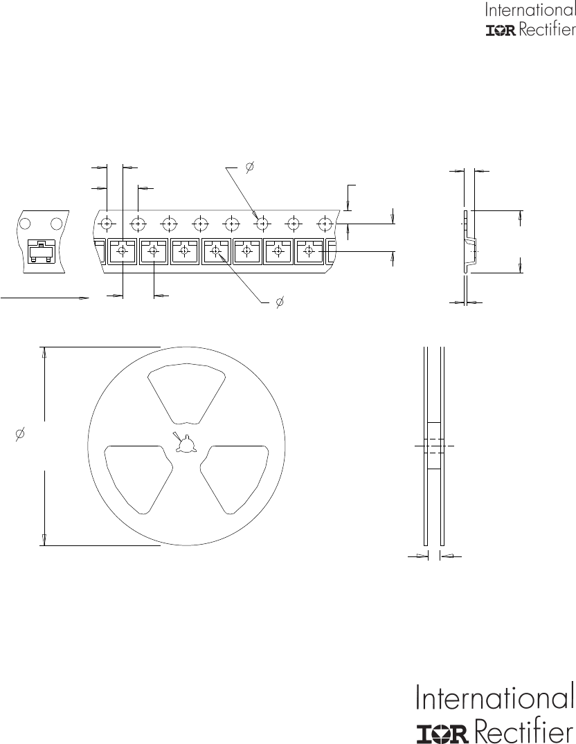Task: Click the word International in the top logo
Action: pyautogui.click(x=530, y=10)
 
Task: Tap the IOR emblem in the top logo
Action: pyautogui.click(x=501, y=31)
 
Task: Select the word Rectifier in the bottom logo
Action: pyautogui.click(x=524, y=729)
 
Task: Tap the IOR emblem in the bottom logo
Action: pyautogui.click(x=444, y=733)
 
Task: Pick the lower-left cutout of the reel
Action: pyautogui.click(x=138, y=478)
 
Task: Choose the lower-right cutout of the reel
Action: pyautogui.click(x=235, y=478)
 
